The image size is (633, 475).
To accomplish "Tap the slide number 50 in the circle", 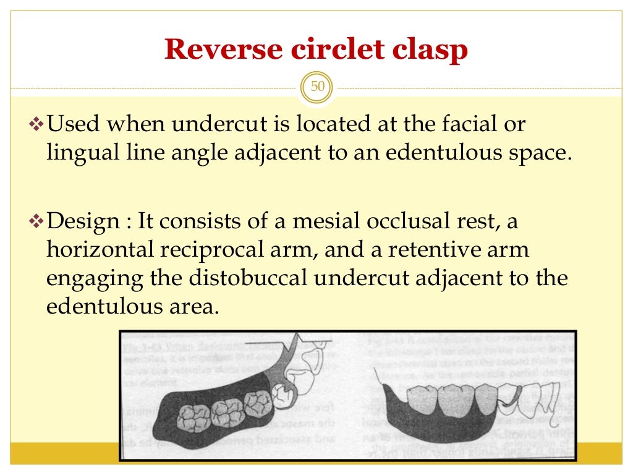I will [317, 87].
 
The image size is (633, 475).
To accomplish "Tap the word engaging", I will [95, 278].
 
